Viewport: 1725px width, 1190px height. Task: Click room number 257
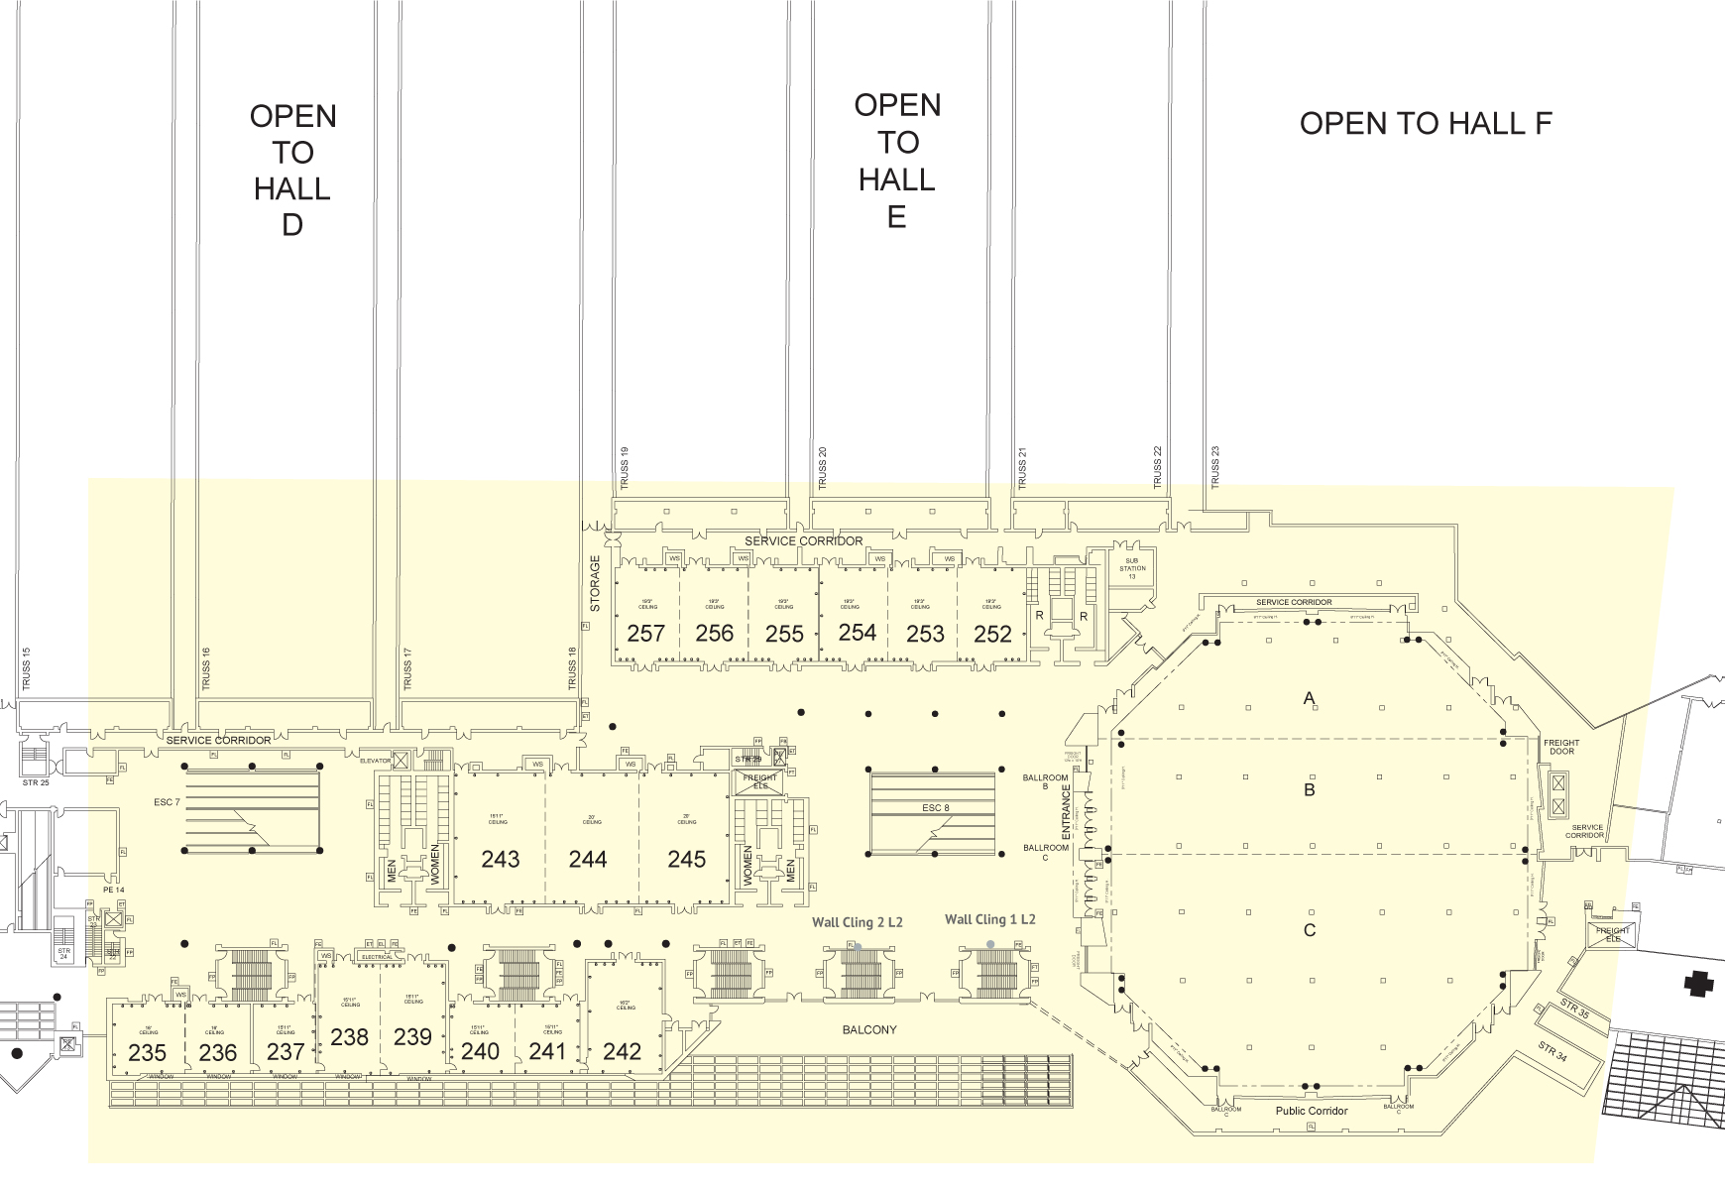click(646, 633)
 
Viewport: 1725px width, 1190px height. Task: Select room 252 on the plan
click(992, 633)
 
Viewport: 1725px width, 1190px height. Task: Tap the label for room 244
click(588, 859)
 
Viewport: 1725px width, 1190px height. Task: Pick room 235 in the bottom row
click(148, 1052)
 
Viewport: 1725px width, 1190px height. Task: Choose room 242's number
click(622, 1051)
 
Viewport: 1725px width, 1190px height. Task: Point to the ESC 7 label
click(167, 801)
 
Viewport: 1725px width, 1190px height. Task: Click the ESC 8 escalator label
click(935, 808)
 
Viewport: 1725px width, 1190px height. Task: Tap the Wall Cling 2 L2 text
click(857, 922)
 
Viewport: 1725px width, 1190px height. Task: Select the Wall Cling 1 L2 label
click(989, 919)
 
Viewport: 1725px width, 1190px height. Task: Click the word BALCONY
click(868, 1030)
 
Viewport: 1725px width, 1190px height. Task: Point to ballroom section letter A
click(1309, 699)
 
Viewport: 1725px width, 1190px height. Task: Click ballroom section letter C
click(1309, 930)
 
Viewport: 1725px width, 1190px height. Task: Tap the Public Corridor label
click(1311, 1111)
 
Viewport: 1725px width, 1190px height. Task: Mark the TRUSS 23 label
click(1215, 466)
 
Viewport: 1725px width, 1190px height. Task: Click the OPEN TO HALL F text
click(1425, 124)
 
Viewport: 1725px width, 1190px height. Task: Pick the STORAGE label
click(596, 583)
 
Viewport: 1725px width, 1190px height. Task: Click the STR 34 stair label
click(1553, 1052)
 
